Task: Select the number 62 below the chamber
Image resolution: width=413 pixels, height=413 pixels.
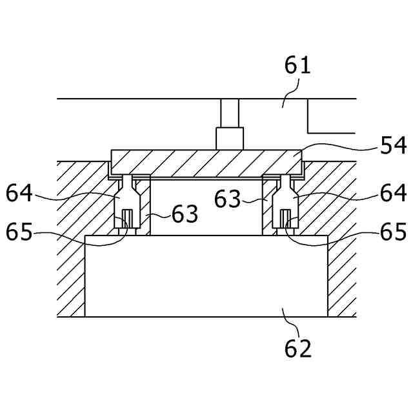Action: point(297,348)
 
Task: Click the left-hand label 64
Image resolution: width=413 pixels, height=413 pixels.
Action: point(20,192)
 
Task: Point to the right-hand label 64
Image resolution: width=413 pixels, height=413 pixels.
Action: point(392,192)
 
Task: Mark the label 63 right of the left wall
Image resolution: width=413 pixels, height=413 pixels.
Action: point(185,214)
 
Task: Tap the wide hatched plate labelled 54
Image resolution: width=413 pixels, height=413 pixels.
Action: point(206,162)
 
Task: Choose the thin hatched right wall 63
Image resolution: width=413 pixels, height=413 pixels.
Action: point(267,205)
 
